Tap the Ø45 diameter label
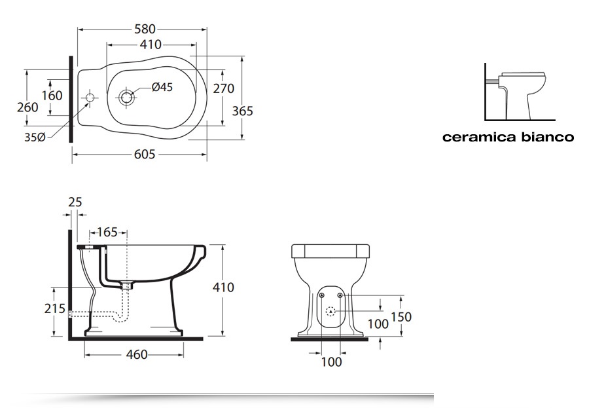162,87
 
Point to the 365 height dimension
242,111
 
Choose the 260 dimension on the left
27,107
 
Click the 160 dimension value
52,96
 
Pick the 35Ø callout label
35,137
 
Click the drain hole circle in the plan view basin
126,98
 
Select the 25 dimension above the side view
75,202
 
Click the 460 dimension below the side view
136,354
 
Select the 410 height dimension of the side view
223,287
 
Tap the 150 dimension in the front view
401,317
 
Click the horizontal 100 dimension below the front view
332,362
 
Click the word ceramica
475,138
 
